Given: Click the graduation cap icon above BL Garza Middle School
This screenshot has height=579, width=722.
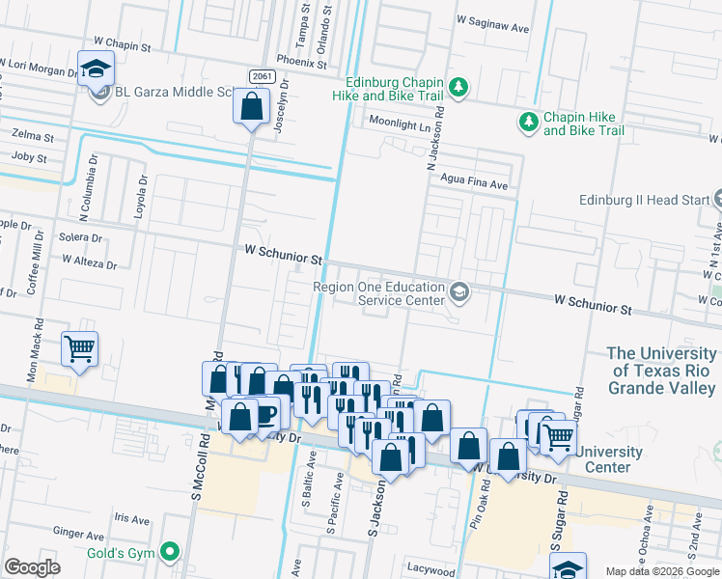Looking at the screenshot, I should tap(97, 69).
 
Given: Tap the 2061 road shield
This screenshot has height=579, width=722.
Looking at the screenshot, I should tap(262, 76).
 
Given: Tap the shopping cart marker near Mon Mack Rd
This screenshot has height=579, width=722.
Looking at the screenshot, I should tap(79, 349).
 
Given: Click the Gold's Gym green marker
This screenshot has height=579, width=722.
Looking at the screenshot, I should tap(171, 552).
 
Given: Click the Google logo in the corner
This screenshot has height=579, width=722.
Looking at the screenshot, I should tap(32, 567).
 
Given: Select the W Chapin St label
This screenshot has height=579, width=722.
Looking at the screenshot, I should tap(123, 44).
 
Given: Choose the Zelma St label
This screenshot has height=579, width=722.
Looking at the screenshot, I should tap(32, 137).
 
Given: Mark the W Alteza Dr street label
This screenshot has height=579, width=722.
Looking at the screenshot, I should tap(89, 262).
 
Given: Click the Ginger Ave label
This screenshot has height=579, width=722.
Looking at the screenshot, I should tap(79, 533).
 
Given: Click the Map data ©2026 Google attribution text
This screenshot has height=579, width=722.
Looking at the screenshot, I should tap(662, 570).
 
